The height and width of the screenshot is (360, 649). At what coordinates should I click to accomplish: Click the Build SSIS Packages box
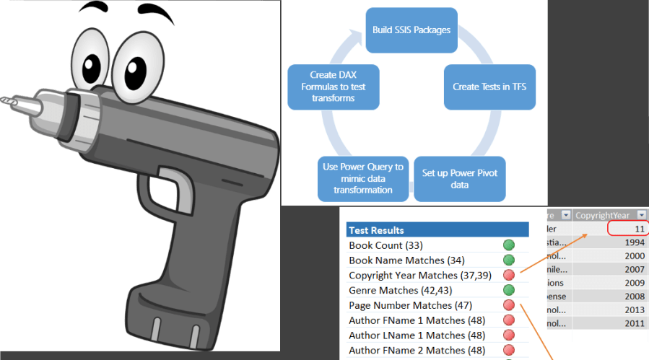tap(411, 30)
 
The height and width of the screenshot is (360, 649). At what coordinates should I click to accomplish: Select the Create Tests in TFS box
tap(489, 87)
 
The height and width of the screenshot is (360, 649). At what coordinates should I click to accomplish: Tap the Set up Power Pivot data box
tap(459, 179)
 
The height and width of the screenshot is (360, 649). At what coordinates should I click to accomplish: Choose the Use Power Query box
tap(363, 178)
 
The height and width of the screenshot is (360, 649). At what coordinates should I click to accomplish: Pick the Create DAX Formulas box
tap(333, 87)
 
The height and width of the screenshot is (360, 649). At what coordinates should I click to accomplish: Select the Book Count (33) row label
tap(386, 245)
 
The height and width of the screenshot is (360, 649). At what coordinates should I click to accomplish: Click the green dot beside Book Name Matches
tap(508, 260)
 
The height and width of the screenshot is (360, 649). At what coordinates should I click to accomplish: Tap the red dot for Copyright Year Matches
tap(508, 276)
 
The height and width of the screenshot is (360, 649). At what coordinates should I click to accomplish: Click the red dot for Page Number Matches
tap(508, 305)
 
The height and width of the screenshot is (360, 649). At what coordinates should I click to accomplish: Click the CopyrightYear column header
tap(602, 215)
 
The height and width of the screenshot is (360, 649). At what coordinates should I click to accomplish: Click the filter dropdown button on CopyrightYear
tap(641, 215)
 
